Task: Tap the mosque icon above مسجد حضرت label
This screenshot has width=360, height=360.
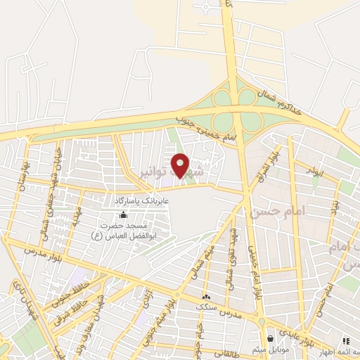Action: (124, 214)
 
